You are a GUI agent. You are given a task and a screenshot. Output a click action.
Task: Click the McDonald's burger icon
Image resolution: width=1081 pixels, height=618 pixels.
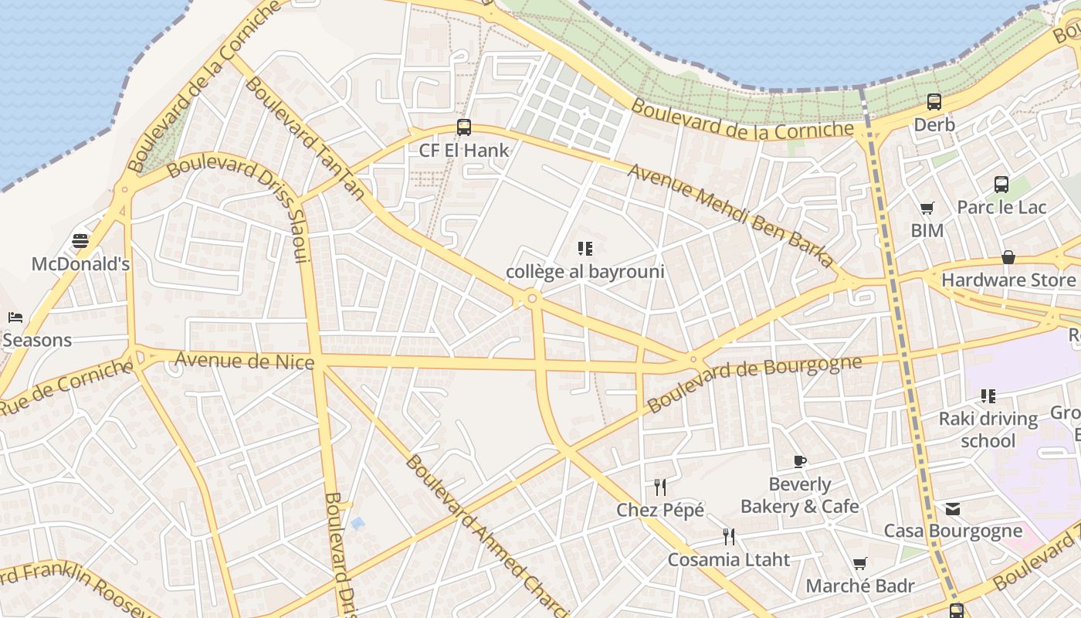pyautogui.click(x=80, y=241)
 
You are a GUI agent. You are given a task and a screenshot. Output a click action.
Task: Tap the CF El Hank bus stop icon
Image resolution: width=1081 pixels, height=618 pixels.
pyautogui.click(x=464, y=127)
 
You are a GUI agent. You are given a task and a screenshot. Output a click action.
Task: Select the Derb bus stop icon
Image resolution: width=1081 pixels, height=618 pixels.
pyautogui.click(x=934, y=101)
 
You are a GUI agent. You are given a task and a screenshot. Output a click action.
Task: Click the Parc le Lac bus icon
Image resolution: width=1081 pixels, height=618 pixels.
pyautogui.click(x=1001, y=185)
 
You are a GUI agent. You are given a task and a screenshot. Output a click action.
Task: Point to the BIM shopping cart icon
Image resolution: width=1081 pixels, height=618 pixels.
pyautogui.click(x=927, y=208)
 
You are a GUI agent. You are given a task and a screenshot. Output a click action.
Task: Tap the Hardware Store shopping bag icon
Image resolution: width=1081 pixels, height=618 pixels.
pyautogui.click(x=1008, y=257)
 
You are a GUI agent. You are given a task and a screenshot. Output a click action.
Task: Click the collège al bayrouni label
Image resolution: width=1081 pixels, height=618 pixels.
pyautogui.click(x=585, y=272)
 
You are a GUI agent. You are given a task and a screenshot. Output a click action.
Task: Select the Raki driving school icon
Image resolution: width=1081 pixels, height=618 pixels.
pyautogui.click(x=988, y=396)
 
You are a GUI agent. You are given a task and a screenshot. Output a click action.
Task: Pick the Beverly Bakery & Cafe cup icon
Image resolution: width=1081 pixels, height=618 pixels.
pyautogui.click(x=800, y=462)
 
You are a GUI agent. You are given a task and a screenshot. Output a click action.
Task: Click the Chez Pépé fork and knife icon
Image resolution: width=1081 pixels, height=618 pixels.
pyautogui.click(x=660, y=487)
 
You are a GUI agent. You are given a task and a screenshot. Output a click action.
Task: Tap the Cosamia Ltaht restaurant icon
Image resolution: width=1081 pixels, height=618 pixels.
pyautogui.click(x=728, y=536)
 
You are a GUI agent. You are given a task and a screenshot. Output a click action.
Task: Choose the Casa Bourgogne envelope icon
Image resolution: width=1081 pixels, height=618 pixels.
pyautogui.click(x=952, y=508)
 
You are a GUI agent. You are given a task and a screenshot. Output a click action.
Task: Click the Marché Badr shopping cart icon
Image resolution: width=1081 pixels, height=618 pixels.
pyautogui.click(x=859, y=563)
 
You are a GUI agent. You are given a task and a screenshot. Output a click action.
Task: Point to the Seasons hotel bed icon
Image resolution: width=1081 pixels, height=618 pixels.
pyautogui.click(x=15, y=317)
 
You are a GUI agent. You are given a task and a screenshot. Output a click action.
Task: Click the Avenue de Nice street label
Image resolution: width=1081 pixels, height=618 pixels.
pyautogui.click(x=244, y=361)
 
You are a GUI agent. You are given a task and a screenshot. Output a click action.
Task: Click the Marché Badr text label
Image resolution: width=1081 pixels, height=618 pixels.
pyautogui.click(x=860, y=586)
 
